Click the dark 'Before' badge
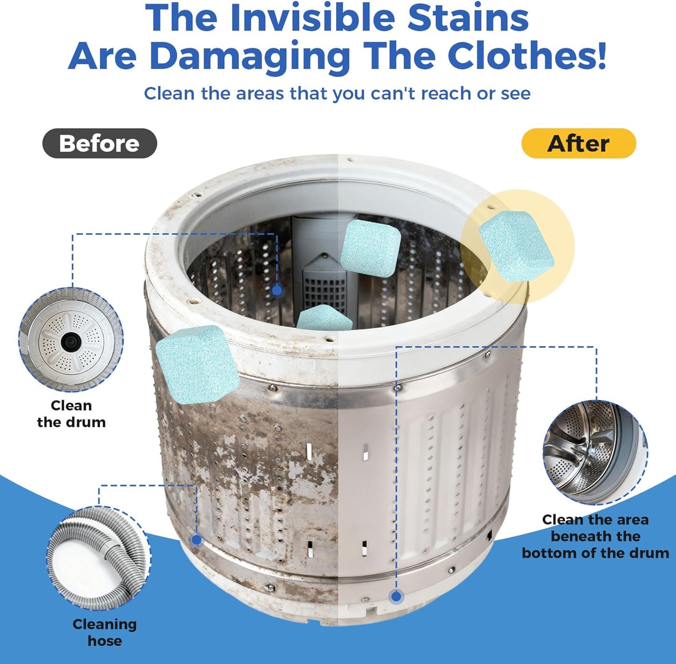click(x=100, y=143)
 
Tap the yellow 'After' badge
click(x=579, y=143)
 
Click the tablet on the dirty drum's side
click(x=197, y=364)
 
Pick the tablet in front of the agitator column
click(x=371, y=248)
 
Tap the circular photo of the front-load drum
click(x=595, y=453)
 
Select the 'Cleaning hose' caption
click(x=104, y=632)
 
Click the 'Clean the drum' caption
click(x=71, y=414)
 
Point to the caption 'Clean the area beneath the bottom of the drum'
click(x=596, y=536)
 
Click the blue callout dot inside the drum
click(x=277, y=290)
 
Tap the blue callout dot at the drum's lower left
click(x=196, y=540)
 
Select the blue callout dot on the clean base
click(x=396, y=596)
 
